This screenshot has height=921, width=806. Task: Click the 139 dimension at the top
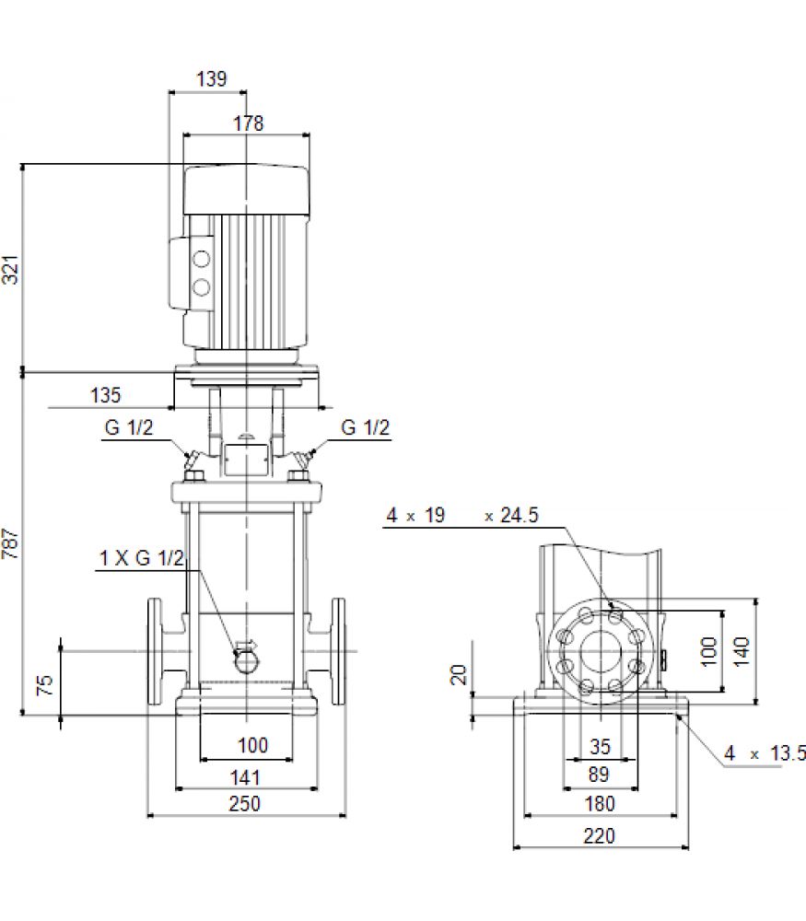pos(212,78)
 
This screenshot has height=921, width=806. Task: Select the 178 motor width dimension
pos(249,123)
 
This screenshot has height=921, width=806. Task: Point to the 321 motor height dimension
pos(10,270)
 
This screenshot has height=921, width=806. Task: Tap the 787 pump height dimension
pos(10,543)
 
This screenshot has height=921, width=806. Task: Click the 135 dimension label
pos(105,395)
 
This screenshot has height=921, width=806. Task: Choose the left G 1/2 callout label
pos(129,427)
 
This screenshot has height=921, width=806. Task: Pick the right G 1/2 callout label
pos(366,427)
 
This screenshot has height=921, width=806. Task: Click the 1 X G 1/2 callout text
pos(142,558)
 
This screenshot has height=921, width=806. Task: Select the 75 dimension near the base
pos(44,685)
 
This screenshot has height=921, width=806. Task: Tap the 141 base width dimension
pos(245,777)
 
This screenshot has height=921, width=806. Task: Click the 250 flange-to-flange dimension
pos(244,803)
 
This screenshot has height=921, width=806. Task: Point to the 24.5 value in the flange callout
pos(520,515)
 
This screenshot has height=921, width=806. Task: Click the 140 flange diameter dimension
pos(742,651)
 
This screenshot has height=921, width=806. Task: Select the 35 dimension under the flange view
pos(601,747)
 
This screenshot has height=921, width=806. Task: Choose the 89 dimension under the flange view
pos(599,775)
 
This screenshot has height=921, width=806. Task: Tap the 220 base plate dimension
pos(600,836)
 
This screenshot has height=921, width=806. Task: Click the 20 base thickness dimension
pos(458,674)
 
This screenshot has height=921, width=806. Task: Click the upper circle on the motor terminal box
pos(202,259)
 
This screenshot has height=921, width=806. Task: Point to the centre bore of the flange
pos(601,651)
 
